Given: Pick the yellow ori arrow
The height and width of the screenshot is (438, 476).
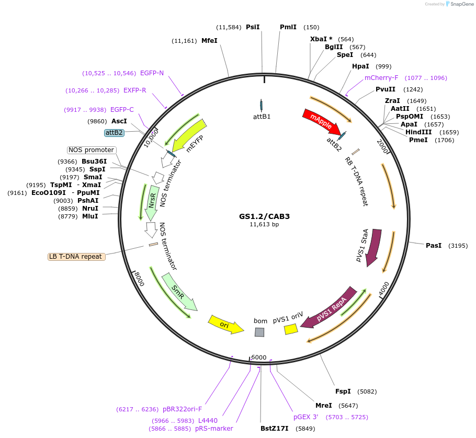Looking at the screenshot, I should click(225, 324).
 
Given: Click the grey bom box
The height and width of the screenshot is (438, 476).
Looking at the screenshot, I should click(259, 332).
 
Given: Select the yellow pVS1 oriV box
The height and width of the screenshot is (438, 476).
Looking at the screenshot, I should click(290, 329).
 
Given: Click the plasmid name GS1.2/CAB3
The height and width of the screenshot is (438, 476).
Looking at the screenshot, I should click(264, 216).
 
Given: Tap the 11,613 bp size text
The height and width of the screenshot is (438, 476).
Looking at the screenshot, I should click(264, 225).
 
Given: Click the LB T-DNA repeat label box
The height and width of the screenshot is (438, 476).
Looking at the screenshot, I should click(76, 257).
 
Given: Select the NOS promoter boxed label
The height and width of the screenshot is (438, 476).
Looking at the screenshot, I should click(91, 150).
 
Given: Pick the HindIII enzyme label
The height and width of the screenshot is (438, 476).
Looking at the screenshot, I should click(418, 132).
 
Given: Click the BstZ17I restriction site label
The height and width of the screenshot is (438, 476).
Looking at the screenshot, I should click(275, 429).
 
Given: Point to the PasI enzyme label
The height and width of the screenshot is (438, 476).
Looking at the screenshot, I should click(434, 245).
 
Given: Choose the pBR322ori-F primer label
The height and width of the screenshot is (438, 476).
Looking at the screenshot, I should click(182, 409).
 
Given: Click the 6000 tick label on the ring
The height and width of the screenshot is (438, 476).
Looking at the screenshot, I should click(259, 358).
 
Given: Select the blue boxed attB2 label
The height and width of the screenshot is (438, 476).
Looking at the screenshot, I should click(114, 133).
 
